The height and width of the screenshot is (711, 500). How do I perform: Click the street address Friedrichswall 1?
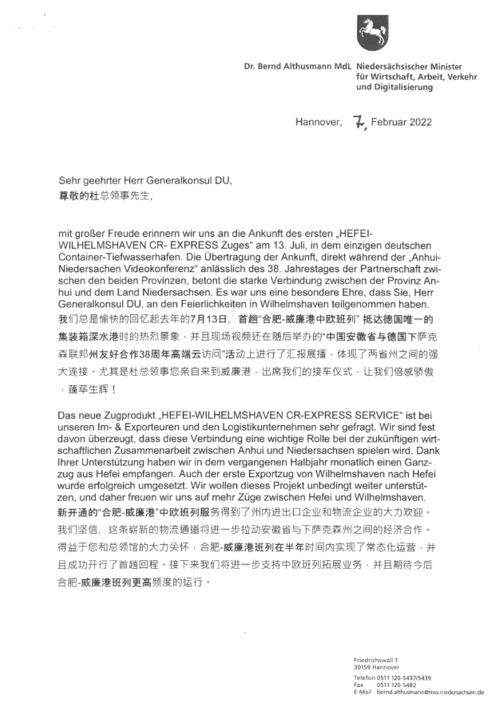[376, 660]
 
